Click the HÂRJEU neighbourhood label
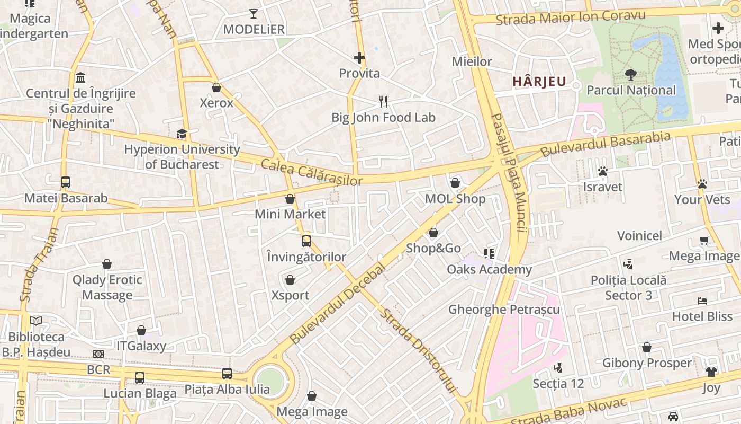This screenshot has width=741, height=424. pyautogui.click(x=539, y=82)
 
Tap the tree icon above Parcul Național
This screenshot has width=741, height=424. pyautogui.click(x=630, y=74)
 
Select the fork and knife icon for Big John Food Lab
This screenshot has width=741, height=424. pyautogui.click(x=384, y=102)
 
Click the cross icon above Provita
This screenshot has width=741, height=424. pyautogui.click(x=359, y=58)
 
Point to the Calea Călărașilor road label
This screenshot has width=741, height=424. pyautogui.click(x=311, y=172)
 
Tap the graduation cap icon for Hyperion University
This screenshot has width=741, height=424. pyautogui.click(x=182, y=134)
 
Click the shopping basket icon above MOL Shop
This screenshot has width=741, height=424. pyautogui.click(x=455, y=183)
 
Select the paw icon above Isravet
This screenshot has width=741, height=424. pyautogui.click(x=602, y=171)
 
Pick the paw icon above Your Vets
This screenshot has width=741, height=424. pyautogui.click(x=702, y=184)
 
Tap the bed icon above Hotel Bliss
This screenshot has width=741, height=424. pyautogui.click(x=702, y=301)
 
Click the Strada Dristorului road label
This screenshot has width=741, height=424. pyautogui.click(x=418, y=350)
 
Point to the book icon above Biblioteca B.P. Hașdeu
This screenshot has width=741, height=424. pyautogui.click(x=36, y=321)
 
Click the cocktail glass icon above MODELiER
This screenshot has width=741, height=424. pyautogui.click(x=254, y=14)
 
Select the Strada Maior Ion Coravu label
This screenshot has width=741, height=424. pyautogui.click(x=571, y=17)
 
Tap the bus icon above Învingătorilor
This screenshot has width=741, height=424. pyautogui.click(x=306, y=241)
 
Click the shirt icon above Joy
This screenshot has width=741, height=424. pyautogui.click(x=711, y=372)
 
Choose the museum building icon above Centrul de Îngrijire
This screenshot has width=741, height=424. pyautogui.click(x=80, y=78)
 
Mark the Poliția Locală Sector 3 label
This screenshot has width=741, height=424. pyautogui.click(x=628, y=287)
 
